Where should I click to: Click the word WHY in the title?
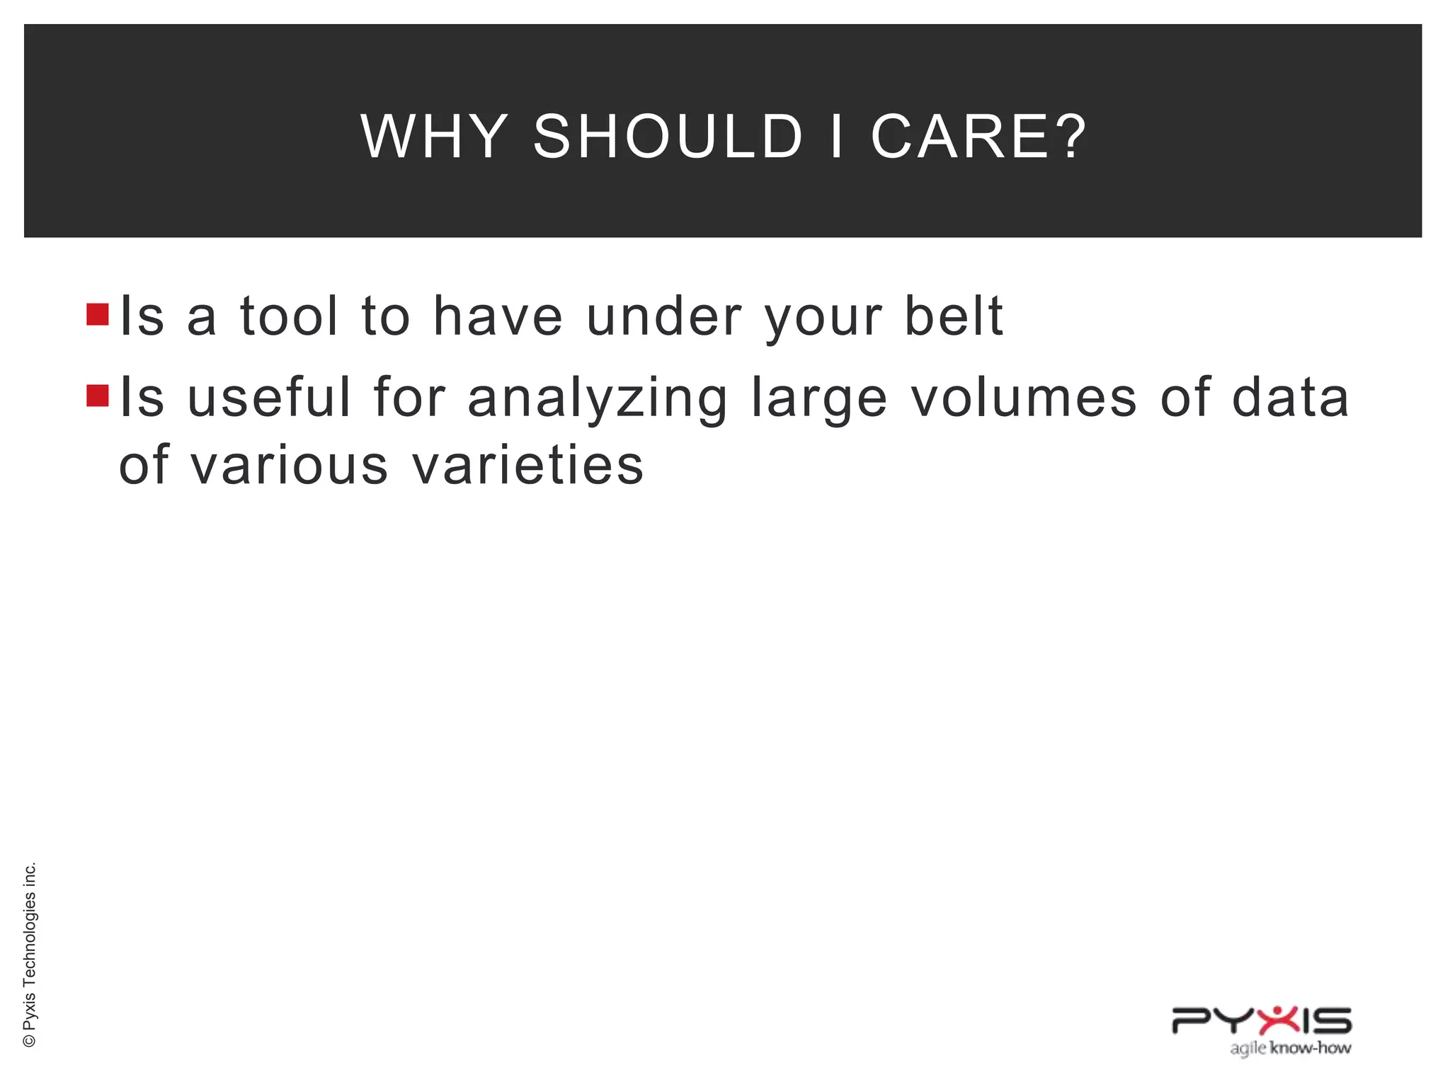pos(434,136)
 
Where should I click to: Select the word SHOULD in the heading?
pos(668,136)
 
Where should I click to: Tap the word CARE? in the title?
pos(978,136)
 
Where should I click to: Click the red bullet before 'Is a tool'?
pos(97,314)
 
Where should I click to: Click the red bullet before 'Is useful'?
pos(97,396)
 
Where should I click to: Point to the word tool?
pos(289,316)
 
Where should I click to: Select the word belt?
pos(954,316)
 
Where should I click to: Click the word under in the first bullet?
pos(664,316)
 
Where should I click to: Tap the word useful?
pos(269,397)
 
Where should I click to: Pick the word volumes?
pos(1024,397)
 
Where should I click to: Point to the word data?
pos(1290,397)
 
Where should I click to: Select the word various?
pos(289,466)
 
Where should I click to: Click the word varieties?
pos(527,466)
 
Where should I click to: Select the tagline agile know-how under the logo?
pos(1290,1047)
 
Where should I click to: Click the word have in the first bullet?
pos(498,316)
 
